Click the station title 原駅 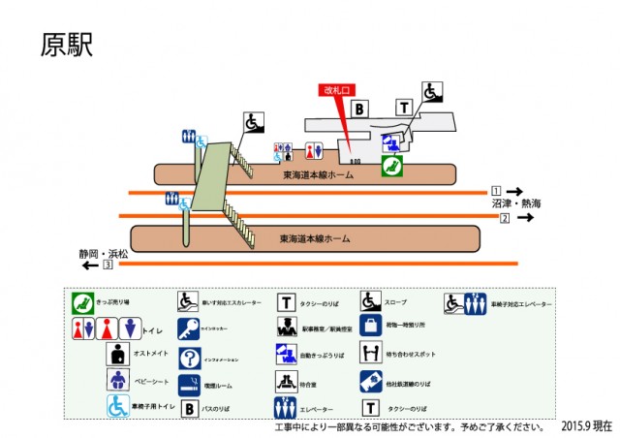tap(67, 46)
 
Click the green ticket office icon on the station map tap(391, 166)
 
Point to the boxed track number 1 tap(496, 190)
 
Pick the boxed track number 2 tap(505, 217)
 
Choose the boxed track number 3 tap(108, 264)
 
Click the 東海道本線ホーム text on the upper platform tap(318, 175)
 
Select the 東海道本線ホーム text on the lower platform tap(314, 238)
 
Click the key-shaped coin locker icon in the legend tap(188, 328)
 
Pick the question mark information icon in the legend tap(188, 356)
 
